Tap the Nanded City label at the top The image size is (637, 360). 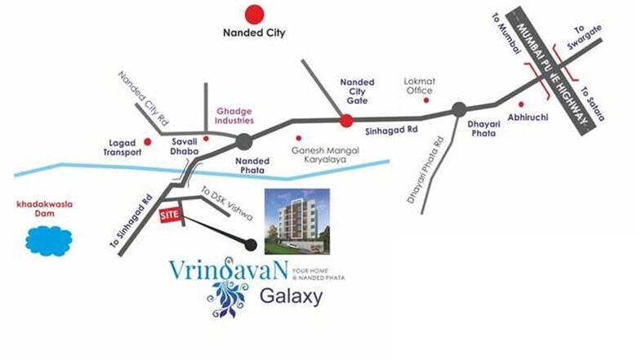pos(256,34)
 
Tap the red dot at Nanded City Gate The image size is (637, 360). pos(345,121)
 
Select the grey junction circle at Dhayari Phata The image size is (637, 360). pos(459,108)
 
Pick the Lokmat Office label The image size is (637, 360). pos(419,86)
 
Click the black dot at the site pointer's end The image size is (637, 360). pos(251,244)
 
